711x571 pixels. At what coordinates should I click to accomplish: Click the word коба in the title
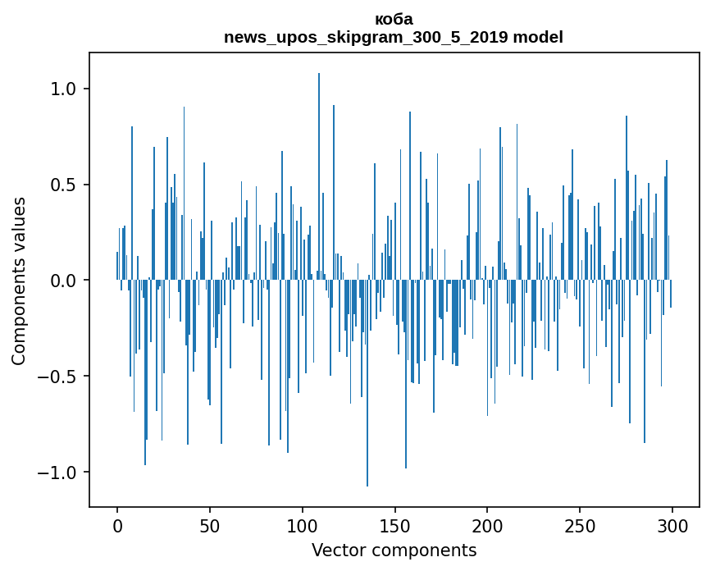click(394, 20)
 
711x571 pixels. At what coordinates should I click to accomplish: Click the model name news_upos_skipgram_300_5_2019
click(366, 37)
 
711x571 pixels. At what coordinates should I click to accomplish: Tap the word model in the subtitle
click(538, 37)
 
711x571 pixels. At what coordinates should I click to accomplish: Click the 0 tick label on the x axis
click(117, 526)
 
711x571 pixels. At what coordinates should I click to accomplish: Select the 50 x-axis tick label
click(209, 526)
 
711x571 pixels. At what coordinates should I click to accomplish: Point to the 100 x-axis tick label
click(302, 526)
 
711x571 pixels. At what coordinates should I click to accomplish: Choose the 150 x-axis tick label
click(394, 526)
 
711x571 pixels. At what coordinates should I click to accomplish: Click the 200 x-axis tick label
click(487, 526)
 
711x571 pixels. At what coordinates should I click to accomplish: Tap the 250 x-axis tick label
click(580, 526)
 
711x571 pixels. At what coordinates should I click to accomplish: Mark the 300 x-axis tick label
click(672, 526)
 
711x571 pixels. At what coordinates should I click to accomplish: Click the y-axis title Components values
click(19, 281)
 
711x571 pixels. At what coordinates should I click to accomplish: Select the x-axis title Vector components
click(394, 550)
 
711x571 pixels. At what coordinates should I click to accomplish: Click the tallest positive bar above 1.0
click(319, 176)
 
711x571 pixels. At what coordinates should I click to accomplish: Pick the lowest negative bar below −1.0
click(367, 383)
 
